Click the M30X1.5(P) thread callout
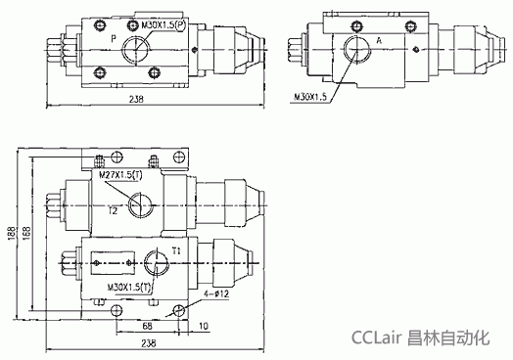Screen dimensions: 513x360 click(163, 25)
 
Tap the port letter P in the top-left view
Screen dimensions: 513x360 click(114, 39)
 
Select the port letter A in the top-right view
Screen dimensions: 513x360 click(379, 41)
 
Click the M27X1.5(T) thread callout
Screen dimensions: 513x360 click(120, 175)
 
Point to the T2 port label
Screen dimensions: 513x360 click(113, 211)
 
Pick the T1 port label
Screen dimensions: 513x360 click(176, 251)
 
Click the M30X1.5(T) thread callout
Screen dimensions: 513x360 click(129, 288)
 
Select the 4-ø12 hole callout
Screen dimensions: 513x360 click(216, 293)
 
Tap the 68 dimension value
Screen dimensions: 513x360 click(148, 326)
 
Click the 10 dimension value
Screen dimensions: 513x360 click(204, 326)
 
